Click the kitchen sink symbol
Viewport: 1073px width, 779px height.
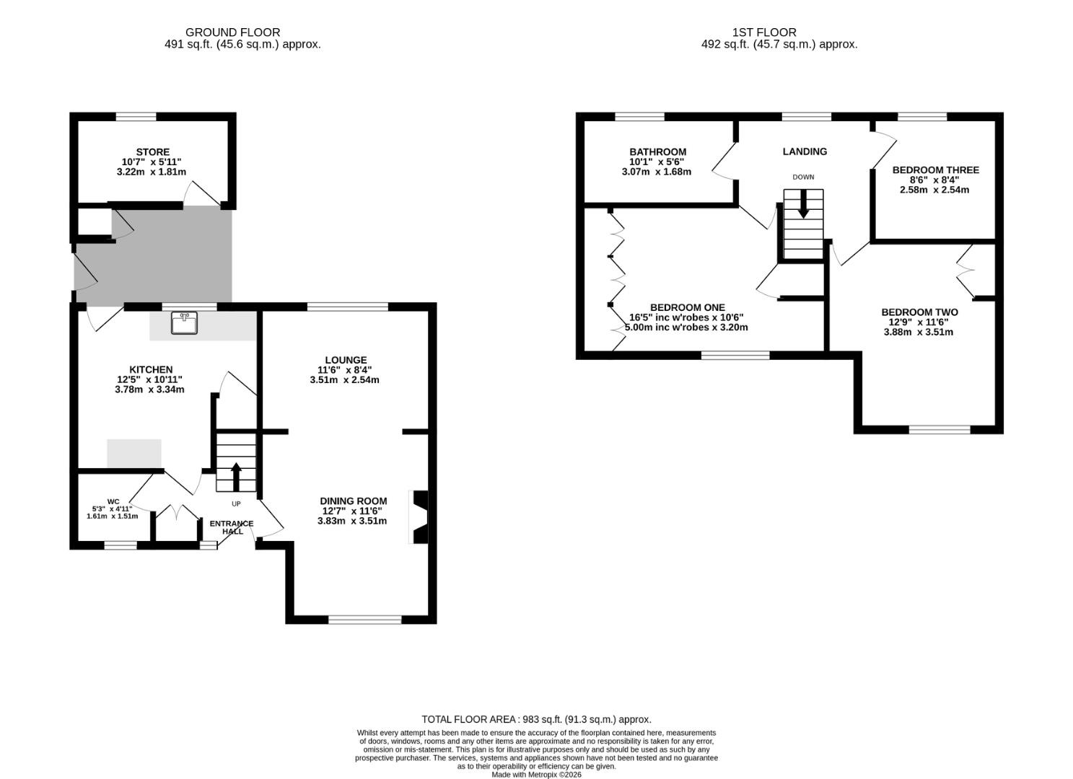coord(185,322)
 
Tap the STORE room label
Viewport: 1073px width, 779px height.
coord(153,152)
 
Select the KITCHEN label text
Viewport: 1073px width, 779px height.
coord(151,369)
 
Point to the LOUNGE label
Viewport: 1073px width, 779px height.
coord(346,360)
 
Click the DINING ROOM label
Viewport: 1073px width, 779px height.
coord(354,501)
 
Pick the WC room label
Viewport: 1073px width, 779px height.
coord(113,502)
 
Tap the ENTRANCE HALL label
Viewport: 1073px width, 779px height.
coord(232,528)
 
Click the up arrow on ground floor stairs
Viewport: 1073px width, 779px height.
coord(236,476)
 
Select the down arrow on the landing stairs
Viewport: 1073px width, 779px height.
coord(803,203)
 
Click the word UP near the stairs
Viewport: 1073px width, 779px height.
coord(236,503)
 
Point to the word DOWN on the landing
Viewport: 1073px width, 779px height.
coord(803,177)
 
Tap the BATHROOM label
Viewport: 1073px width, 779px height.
coord(657,151)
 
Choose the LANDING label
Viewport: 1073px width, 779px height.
coord(805,151)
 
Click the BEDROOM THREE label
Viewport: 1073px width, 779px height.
coord(935,170)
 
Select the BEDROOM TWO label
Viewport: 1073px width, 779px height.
coord(920,312)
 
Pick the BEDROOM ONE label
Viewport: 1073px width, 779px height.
coord(688,307)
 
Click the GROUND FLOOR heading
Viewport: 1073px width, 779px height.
coord(233,32)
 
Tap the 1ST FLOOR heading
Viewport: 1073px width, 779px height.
coord(764,32)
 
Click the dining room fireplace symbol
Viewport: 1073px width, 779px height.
coord(420,516)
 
